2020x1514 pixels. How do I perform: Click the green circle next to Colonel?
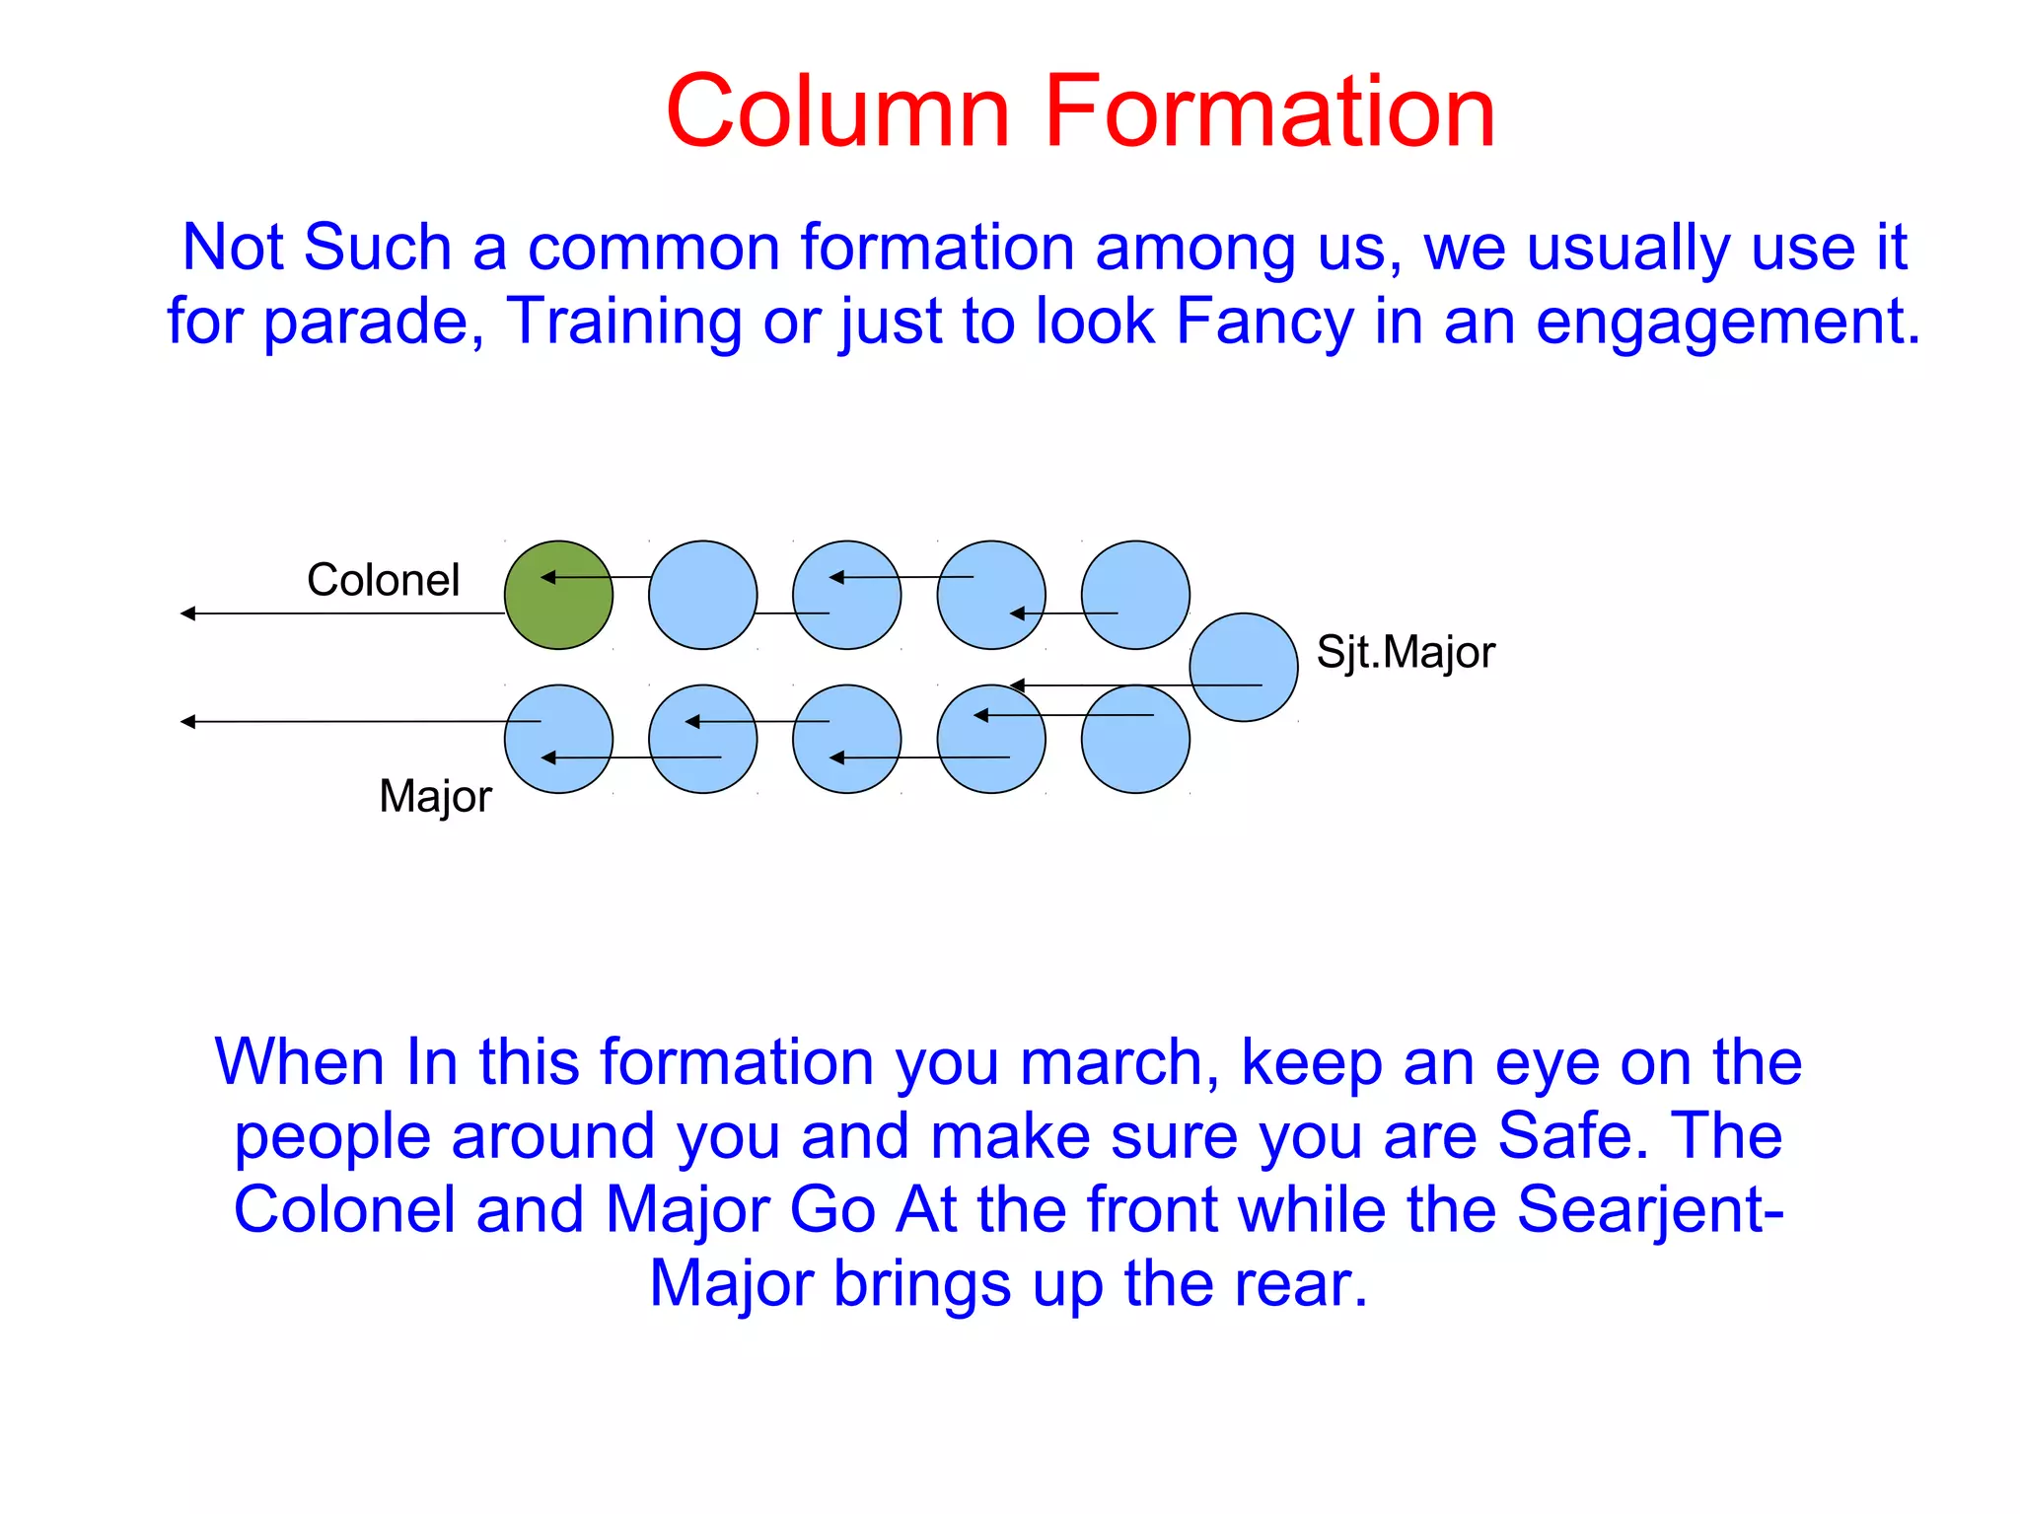point(558,595)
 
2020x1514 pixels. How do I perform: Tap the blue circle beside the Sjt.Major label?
point(1243,668)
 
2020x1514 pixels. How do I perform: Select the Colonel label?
point(383,580)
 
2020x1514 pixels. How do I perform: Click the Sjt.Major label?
point(1406,653)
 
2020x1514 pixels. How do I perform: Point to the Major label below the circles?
point(435,796)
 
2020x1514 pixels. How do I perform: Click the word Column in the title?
point(837,111)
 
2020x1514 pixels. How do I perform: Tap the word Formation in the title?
point(1269,111)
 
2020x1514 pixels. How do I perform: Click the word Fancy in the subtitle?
point(1264,323)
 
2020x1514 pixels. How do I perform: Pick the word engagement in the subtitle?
point(1727,323)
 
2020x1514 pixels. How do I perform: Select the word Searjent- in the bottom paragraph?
point(1650,1210)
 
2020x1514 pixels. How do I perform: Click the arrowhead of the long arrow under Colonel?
point(187,613)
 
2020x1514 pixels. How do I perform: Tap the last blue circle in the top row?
point(1135,595)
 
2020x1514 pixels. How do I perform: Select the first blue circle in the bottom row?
point(558,739)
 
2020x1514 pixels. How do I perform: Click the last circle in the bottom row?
point(1135,739)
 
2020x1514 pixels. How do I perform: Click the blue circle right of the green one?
point(702,595)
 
